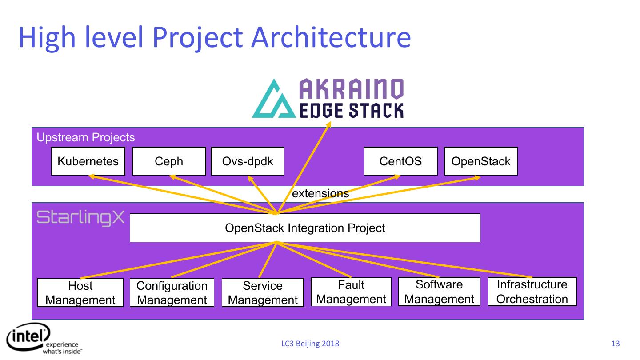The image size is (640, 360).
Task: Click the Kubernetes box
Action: (88, 161)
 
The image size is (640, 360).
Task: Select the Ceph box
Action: (169, 161)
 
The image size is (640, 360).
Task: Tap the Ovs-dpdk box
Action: (248, 161)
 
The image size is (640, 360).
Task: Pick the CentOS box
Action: (400, 161)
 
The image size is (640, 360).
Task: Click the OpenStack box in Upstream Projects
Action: (481, 161)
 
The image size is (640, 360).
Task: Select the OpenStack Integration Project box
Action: (305, 228)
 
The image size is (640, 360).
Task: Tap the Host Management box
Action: (80, 292)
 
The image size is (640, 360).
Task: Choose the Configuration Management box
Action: (172, 292)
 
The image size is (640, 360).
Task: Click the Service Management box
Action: (263, 292)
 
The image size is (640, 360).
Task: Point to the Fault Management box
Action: (351, 292)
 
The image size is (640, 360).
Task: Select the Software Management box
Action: (439, 292)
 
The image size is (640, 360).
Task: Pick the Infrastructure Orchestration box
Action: (532, 292)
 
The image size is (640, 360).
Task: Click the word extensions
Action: (320, 193)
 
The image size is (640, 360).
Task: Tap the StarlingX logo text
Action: (80, 218)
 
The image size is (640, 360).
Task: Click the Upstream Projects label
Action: (85, 137)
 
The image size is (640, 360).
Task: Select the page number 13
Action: (616, 344)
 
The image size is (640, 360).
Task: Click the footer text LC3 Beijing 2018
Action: (310, 344)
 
